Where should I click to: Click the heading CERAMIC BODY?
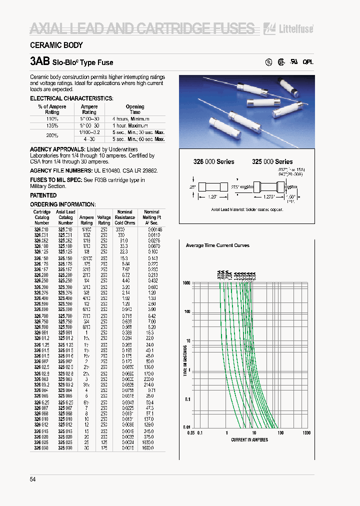(56, 45)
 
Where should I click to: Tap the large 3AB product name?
(40, 62)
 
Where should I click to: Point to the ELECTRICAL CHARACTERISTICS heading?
(71, 98)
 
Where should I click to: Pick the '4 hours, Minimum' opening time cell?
(134, 119)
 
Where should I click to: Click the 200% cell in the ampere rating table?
(52, 135)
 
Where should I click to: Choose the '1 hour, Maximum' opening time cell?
(134, 125)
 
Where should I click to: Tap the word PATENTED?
(43, 196)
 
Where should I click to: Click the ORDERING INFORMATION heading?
(62, 204)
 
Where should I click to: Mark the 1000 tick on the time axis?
(186, 283)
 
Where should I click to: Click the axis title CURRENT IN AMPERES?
(249, 440)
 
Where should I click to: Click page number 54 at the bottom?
(33, 480)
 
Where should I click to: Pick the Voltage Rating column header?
(104, 220)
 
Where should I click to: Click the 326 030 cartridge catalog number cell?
(41, 448)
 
